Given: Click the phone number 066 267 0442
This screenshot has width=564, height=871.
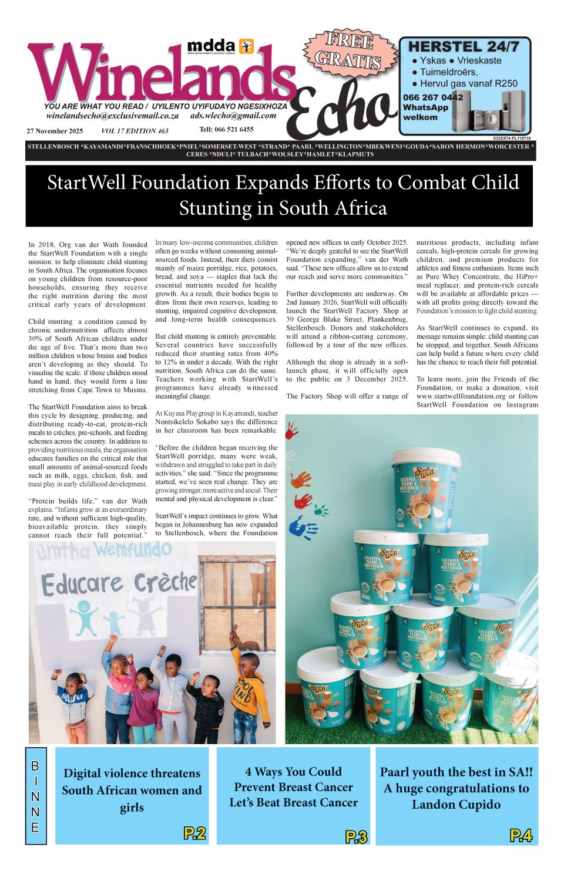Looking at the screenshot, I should coord(433,97).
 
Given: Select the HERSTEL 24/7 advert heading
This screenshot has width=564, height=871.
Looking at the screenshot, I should coord(464,47).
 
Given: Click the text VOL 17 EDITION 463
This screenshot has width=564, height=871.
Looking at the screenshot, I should coord(135,131).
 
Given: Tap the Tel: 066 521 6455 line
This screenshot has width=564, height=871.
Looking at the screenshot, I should coord(226,129).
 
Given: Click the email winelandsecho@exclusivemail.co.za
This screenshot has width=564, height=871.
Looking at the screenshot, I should coord(112,116).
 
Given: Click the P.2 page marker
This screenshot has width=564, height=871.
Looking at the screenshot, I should coord(194,833).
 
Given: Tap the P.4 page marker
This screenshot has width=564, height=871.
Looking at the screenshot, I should coord(521,835).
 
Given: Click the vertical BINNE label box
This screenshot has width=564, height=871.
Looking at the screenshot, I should coord(35,796).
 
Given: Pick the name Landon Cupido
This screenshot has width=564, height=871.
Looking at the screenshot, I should coord(456,804).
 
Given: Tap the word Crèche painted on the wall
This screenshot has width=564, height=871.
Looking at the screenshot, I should coord(165,582).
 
